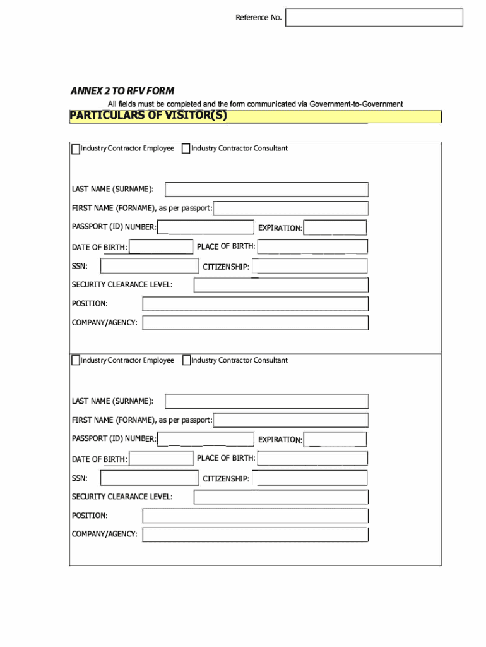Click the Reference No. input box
point(374,18)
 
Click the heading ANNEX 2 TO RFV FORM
point(122,91)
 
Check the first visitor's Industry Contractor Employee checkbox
point(76,149)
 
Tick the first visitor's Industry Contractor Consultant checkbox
point(186,149)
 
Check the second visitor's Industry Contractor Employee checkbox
point(76,361)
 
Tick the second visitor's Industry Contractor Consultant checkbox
point(186,361)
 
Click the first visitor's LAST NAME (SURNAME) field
point(266,190)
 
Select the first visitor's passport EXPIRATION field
point(335,227)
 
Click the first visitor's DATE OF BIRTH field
point(161,247)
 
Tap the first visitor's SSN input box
point(149,266)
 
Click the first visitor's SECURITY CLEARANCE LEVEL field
point(281,285)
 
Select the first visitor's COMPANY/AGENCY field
point(255,323)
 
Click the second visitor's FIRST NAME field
point(290,420)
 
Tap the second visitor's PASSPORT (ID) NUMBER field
point(205,439)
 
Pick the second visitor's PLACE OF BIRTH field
point(312,459)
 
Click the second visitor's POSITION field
point(255,516)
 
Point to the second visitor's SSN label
point(80,478)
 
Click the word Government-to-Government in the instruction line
point(356,104)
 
